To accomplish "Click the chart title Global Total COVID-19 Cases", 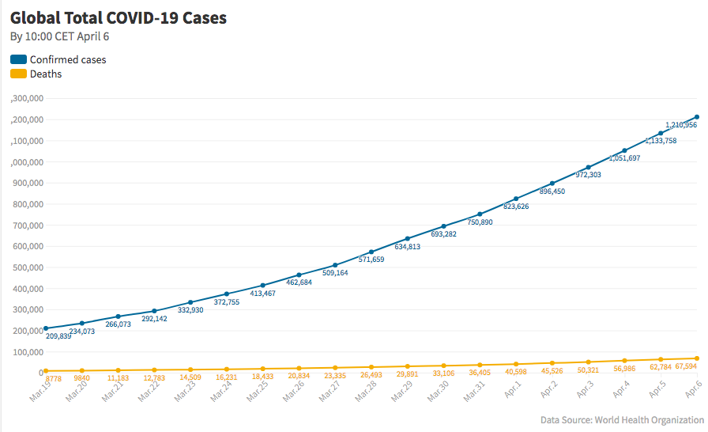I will point(119,18).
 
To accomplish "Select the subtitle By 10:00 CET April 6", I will point(59,36).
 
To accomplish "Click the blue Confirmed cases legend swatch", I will point(18,59).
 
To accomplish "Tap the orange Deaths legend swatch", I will point(18,74).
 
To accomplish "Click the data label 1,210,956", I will point(680,125).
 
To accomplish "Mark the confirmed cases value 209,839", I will point(59,336).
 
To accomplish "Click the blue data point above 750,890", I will point(480,214).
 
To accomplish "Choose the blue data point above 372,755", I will point(227,294).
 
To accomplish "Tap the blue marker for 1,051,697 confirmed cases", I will point(624,150).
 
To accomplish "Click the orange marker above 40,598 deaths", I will point(516,364).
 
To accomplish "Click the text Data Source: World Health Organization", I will point(622,419).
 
